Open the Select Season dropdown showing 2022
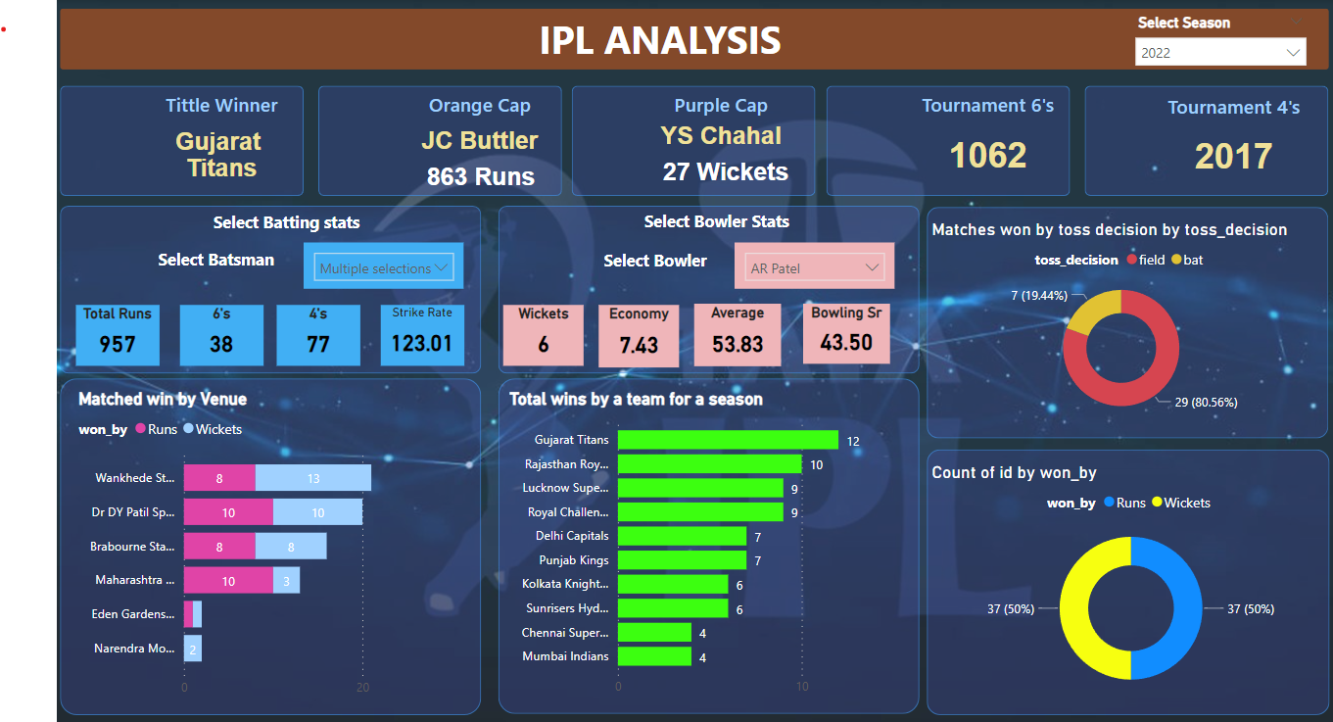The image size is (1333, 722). (x=1219, y=53)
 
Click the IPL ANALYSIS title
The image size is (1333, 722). (x=660, y=41)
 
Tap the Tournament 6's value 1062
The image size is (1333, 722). (x=987, y=156)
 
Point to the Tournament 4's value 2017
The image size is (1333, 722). (x=1233, y=157)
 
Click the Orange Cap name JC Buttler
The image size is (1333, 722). (x=479, y=140)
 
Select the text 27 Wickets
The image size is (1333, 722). (x=725, y=172)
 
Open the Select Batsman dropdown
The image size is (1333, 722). (x=384, y=267)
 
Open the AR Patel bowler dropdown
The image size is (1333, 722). (x=814, y=267)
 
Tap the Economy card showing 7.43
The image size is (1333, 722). (x=639, y=335)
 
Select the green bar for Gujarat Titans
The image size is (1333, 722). (x=728, y=441)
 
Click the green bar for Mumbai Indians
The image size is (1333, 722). (x=654, y=656)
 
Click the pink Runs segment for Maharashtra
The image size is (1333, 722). (x=228, y=581)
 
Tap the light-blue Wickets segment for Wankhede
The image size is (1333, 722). (x=313, y=478)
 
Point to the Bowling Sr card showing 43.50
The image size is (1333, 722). (x=845, y=334)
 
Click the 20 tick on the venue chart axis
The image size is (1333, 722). (x=362, y=688)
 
